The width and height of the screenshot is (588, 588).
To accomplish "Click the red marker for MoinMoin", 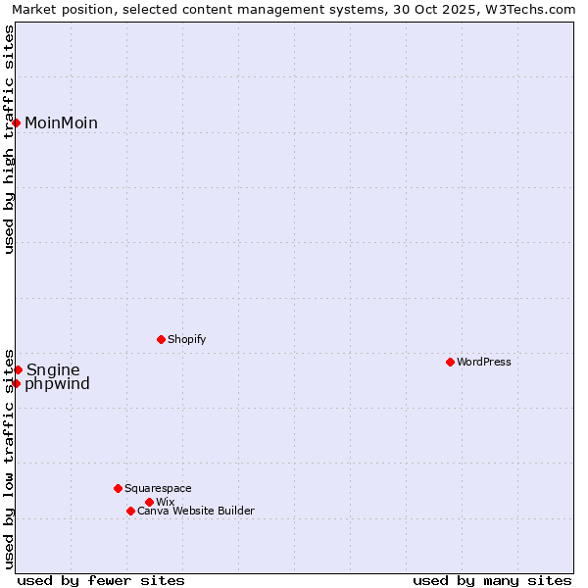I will pyautogui.click(x=17, y=122).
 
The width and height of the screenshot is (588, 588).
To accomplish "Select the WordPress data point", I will pyautogui.click(x=450, y=362).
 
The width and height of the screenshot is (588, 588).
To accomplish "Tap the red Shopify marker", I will pyautogui.click(x=161, y=339).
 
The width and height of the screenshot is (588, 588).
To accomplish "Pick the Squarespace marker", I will pyautogui.click(x=118, y=488).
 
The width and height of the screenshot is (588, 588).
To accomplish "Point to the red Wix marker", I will pyautogui.click(x=149, y=502).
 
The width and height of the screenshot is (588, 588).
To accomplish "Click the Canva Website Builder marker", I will pyautogui.click(x=130, y=511).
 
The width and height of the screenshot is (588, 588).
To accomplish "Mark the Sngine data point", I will pyautogui.click(x=18, y=369).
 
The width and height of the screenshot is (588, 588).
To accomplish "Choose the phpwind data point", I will pyautogui.click(x=17, y=383).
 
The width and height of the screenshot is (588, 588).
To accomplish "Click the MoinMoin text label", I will pyautogui.click(x=61, y=122).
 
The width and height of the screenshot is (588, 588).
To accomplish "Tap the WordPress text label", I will pyautogui.click(x=484, y=362).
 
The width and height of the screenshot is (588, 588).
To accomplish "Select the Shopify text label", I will pyautogui.click(x=186, y=339).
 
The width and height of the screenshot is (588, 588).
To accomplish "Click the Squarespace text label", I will pyautogui.click(x=158, y=488).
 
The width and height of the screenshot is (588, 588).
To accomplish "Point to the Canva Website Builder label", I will pyautogui.click(x=196, y=511).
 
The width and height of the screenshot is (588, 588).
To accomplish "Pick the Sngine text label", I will pyautogui.click(x=53, y=369).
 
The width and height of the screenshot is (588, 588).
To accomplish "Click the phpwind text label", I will pyautogui.click(x=57, y=383).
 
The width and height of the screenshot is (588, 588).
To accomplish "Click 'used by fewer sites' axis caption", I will pyautogui.click(x=101, y=580).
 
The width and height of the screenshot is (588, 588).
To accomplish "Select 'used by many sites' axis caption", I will pyautogui.click(x=492, y=580).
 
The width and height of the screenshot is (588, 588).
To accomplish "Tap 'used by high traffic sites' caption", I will pyautogui.click(x=10, y=139).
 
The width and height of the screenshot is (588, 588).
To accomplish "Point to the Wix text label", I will pyautogui.click(x=165, y=502).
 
